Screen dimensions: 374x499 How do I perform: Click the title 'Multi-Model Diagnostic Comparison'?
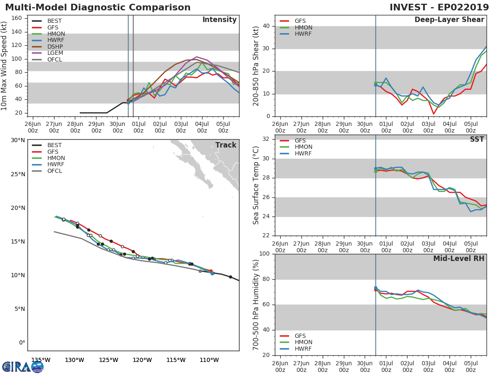[98, 7]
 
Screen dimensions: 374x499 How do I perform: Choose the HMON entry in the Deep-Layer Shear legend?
[303, 27]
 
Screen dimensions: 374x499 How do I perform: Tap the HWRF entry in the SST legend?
[303, 153]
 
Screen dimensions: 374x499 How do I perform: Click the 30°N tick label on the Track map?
[17, 140]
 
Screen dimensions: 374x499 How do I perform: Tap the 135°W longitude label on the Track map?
[41, 360]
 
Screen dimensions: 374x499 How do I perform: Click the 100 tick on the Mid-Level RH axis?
[265, 254]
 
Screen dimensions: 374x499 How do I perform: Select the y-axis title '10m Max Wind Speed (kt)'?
[5, 66]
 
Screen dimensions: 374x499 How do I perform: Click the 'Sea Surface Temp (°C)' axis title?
[256, 185]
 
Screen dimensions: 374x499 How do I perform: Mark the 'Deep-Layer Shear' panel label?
[449, 20]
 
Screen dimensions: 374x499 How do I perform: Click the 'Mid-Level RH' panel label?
[458, 259]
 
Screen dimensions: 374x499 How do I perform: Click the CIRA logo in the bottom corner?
[23, 367]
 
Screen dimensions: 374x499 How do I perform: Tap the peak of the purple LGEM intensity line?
[197, 57]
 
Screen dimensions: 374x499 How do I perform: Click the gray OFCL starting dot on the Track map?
[200, 271]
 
